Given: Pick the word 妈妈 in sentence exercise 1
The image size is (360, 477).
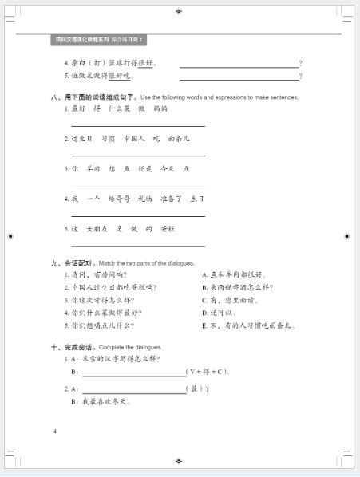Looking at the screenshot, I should (x=160, y=108).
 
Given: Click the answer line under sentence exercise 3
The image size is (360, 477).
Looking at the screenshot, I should (x=137, y=185).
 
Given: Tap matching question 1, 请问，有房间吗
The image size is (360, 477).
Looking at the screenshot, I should (x=100, y=274).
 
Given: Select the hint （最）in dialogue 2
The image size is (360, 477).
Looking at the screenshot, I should (x=196, y=388).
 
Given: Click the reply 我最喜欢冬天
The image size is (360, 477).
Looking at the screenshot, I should (x=104, y=401).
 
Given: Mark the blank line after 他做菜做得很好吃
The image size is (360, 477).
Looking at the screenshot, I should (x=239, y=77).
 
